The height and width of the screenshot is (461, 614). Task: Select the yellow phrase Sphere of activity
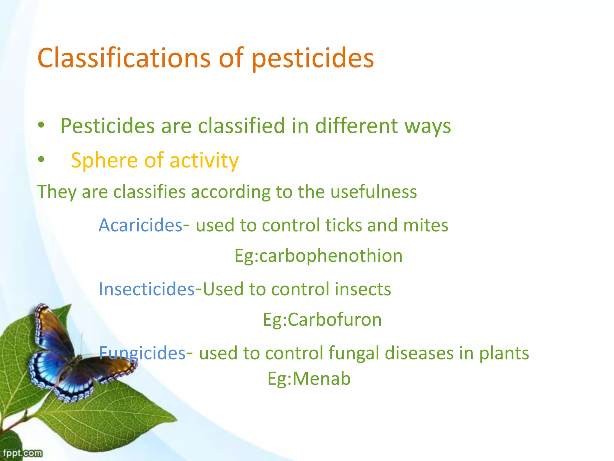click(155, 160)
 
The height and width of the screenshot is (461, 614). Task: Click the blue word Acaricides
click(140, 225)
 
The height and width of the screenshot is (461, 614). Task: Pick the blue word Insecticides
click(147, 289)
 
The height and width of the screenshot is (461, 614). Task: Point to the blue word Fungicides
click(142, 353)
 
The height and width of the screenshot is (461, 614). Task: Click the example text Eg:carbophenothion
click(318, 256)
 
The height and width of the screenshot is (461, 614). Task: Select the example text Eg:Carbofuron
click(322, 320)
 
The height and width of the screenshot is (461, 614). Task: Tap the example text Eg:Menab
click(309, 378)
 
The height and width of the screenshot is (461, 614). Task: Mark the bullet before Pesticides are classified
click(41, 125)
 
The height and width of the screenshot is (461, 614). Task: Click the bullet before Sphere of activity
click(41, 160)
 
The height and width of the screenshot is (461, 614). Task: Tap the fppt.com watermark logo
click(22, 453)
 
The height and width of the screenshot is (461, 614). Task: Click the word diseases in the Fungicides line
click(419, 353)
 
